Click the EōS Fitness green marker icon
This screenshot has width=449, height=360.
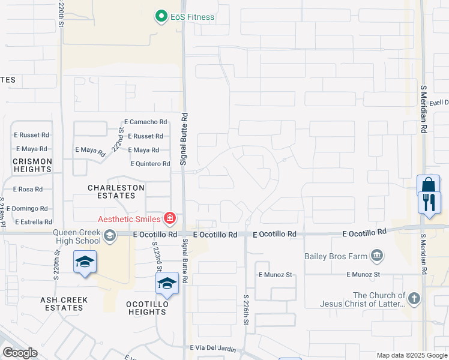click(161, 17)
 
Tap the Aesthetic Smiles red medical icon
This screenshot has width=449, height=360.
click(170, 217)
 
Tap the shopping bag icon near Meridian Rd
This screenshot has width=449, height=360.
click(428, 185)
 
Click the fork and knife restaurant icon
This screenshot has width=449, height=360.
click(429, 202)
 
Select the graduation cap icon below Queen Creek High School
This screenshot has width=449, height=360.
click(85, 262)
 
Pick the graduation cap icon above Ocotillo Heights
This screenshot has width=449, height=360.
click(167, 283)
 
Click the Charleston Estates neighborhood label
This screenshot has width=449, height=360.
click(116, 191)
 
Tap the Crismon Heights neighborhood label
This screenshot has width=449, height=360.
click(32, 165)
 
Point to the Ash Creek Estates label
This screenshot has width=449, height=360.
click(64, 304)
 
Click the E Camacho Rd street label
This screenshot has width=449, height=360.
click(146, 122)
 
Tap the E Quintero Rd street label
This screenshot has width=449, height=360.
click(150, 164)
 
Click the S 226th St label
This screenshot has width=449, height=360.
click(246, 310)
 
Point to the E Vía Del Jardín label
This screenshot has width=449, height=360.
click(217, 348)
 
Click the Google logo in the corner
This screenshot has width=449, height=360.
click(20, 353)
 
